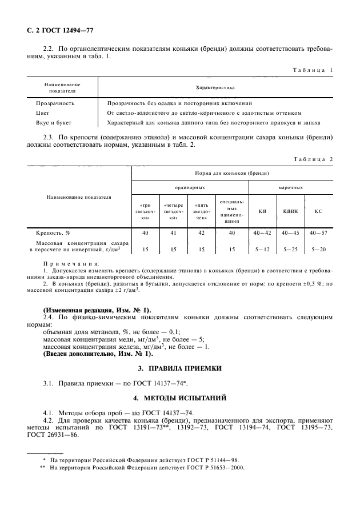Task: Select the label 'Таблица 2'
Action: point(312,159)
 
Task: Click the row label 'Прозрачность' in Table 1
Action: point(55,103)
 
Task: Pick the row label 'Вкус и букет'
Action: point(55,123)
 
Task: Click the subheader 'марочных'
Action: point(290,187)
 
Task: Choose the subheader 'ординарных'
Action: point(190,187)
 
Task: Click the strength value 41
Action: point(173,233)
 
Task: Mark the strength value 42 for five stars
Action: point(201,233)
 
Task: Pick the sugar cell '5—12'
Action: point(262,250)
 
